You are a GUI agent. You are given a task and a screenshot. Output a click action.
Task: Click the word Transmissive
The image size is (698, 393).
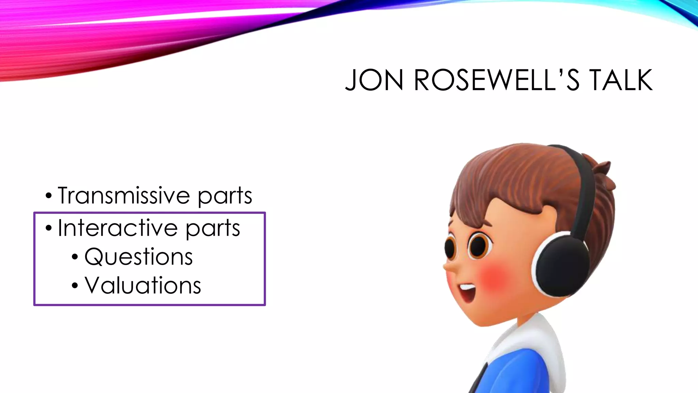[123, 195]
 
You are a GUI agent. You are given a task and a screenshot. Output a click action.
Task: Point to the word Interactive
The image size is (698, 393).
[117, 228]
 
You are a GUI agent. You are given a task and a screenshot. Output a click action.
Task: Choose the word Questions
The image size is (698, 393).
[138, 257]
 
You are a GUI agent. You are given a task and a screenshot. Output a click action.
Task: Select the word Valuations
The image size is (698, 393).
[143, 285]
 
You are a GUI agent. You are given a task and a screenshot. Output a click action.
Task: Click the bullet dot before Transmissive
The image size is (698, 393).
[49, 196]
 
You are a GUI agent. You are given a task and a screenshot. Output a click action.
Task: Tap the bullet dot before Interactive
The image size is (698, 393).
[49, 228]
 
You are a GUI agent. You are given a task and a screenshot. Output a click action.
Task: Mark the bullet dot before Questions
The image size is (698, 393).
[75, 257]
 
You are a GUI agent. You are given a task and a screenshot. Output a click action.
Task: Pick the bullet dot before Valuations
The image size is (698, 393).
[75, 286]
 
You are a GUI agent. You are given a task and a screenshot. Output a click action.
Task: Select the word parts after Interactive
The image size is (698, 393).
[213, 229]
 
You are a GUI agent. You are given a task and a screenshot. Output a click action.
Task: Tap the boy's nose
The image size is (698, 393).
[449, 268]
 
